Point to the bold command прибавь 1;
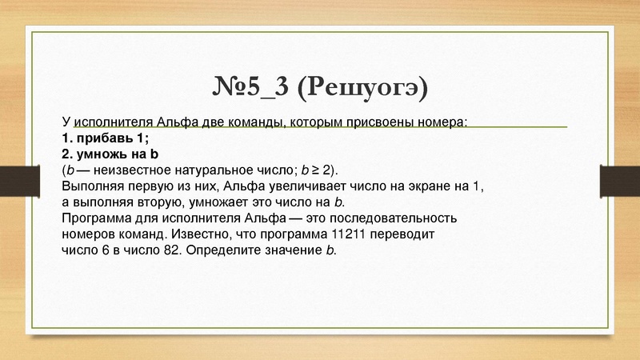point(106,138)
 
